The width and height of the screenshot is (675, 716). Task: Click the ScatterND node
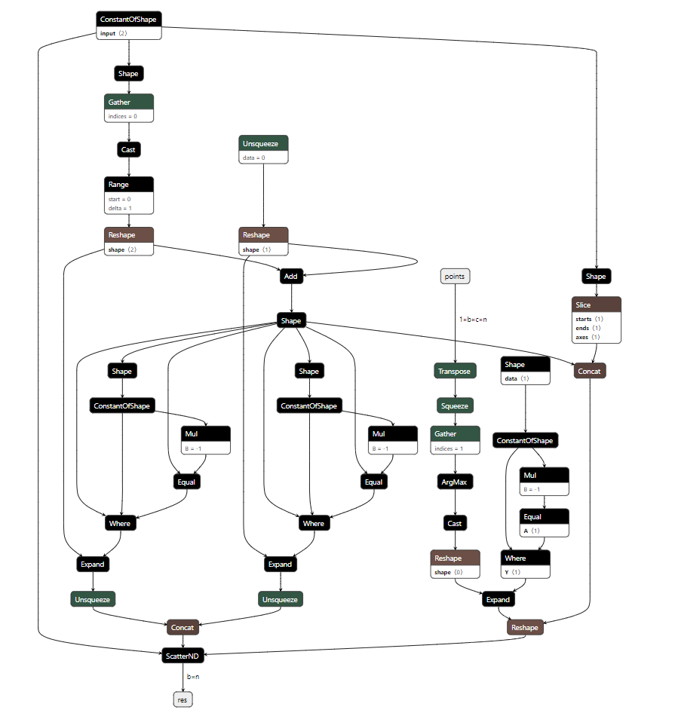tap(183, 656)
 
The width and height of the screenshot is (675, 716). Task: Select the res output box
tap(183, 699)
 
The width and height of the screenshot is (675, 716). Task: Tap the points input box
tap(455, 277)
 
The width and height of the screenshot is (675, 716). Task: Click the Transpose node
tap(455, 371)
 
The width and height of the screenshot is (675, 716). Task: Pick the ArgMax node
tap(455, 482)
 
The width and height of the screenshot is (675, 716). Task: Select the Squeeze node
tap(455, 405)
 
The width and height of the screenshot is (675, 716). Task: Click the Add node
tap(291, 277)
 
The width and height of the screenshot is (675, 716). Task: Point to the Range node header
tap(129, 185)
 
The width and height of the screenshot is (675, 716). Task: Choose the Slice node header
tap(597, 305)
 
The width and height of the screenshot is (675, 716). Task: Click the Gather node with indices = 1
tap(455, 433)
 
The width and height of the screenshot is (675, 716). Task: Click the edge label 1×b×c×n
tap(473, 320)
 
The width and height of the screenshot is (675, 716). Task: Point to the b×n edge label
tap(193, 677)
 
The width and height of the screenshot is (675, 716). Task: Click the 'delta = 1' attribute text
tap(119, 207)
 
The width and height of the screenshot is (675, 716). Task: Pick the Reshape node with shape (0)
tap(455, 558)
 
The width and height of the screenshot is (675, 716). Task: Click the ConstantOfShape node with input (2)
tap(129, 19)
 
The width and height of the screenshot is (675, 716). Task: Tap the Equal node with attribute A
tap(544, 517)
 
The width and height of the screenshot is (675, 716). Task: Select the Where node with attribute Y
tap(526, 558)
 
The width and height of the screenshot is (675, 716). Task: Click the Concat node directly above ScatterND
tap(183, 627)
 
